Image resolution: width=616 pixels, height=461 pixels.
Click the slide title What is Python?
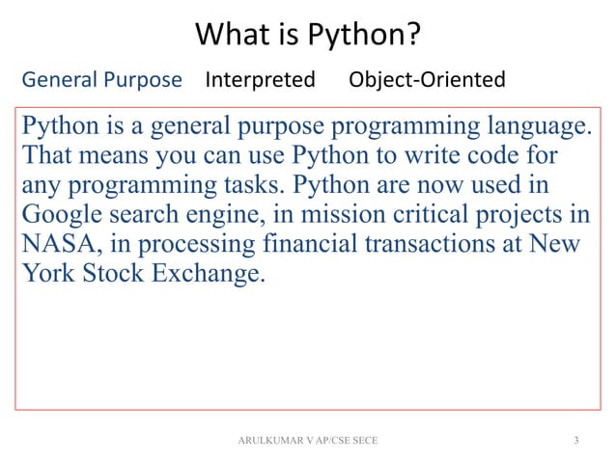tap(308, 37)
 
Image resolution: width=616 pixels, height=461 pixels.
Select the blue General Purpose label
tap(101, 79)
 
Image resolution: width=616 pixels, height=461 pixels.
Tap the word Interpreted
tap(260, 79)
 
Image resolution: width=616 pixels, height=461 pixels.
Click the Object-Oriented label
tap(426, 79)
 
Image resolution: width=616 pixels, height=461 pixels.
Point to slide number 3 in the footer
tap(575, 441)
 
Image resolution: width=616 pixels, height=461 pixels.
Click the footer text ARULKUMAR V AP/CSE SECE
tap(308, 441)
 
